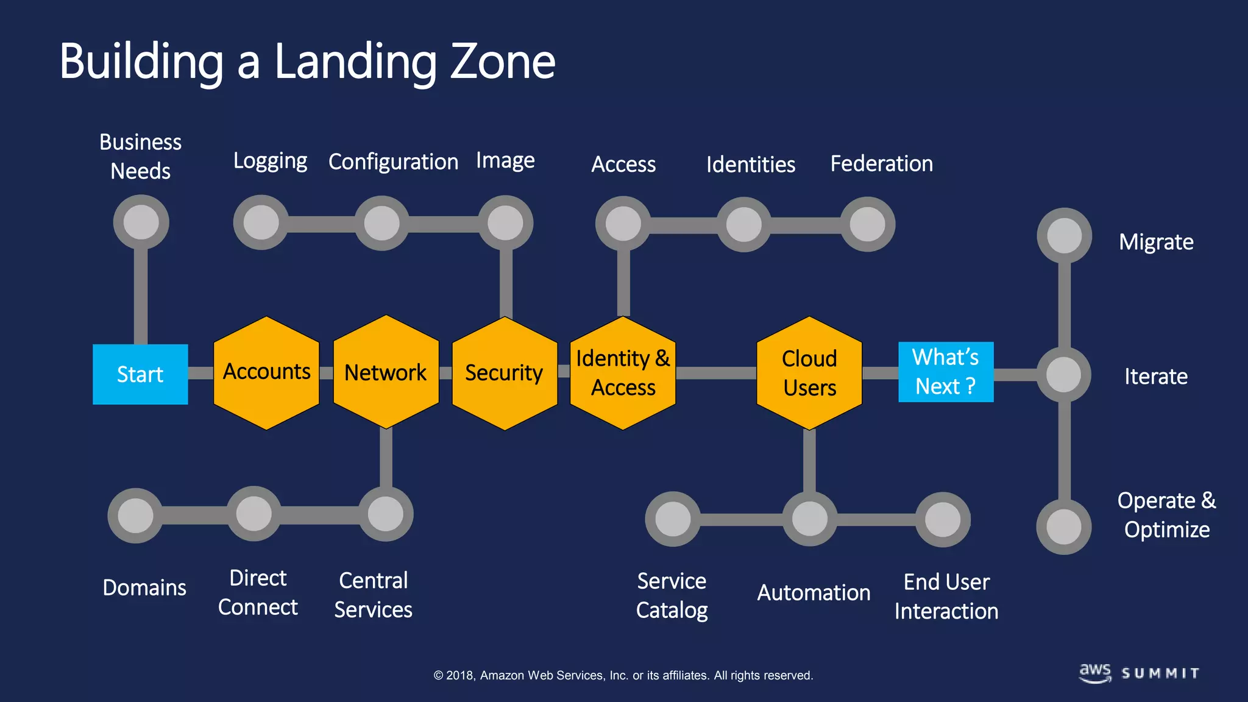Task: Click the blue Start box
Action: [x=140, y=374]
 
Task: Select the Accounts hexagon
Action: [x=266, y=372]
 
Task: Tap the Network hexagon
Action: [x=386, y=372]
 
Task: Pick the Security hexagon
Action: [x=505, y=373]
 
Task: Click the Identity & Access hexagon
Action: [x=623, y=373]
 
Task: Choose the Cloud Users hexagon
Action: [x=809, y=373]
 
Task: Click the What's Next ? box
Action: [x=946, y=372]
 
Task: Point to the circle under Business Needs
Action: [x=141, y=222]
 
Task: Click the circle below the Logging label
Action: [x=261, y=222]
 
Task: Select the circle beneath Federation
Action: [x=867, y=224]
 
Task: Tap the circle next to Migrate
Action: [x=1064, y=236]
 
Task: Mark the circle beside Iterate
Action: [x=1064, y=374]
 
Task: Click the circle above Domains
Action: [x=135, y=516]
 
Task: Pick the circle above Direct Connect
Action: [x=253, y=514]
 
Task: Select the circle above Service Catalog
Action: [x=673, y=519]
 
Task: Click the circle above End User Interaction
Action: [x=943, y=520]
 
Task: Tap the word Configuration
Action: [x=393, y=162]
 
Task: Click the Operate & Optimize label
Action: [x=1166, y=515]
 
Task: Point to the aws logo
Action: [x=1095, y=673]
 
